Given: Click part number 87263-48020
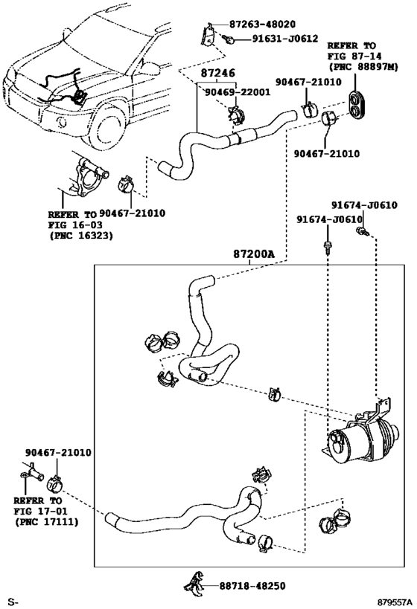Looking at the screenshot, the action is (x=262, y=24).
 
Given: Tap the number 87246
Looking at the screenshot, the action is (x=218, y=73).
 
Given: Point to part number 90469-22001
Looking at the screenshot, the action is (x=238, y=92).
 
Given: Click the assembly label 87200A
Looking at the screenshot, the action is (x=254, y=254).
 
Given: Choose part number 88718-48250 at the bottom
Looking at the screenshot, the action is (x=252, y=586).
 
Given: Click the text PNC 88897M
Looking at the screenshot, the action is (x=363, y=67).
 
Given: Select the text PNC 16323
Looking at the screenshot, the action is (x=81, y=236).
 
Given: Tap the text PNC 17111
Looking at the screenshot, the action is (x=47, y=521).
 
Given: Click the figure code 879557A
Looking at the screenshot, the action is (x=394, y=602).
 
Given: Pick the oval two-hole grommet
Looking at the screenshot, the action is (x=357, y=103).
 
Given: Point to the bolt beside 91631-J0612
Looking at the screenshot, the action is (x=229, y=39).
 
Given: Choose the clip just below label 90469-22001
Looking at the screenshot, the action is (x=236, y=115).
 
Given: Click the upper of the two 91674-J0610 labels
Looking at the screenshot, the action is (x=364, y=205).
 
